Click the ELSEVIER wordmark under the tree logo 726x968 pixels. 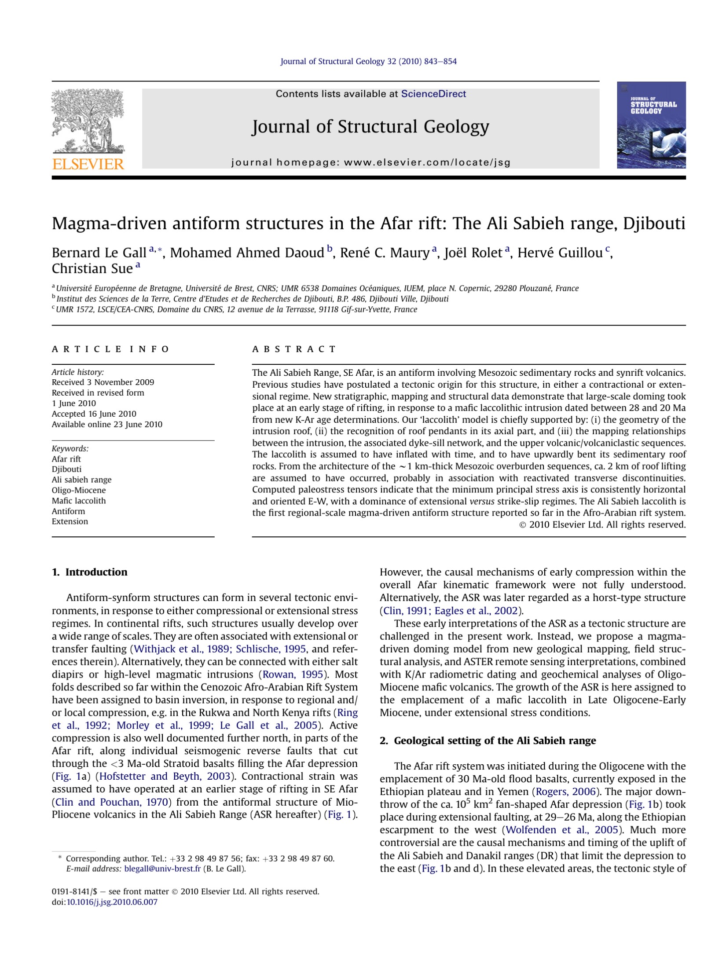pos(88,164)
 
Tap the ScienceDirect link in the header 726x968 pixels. pos(433,94)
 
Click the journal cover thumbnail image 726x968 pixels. pos(651,125)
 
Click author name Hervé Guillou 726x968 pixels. pos(559,253)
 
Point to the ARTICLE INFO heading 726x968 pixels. pos(110,349)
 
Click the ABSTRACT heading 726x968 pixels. pos(294,349)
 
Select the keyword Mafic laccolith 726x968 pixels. pos(79,501)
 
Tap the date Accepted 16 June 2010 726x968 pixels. pos(94,414)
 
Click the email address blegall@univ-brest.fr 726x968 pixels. pos(162,869)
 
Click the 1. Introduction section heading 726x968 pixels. pos(89,572)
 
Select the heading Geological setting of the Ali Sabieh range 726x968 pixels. pos(495,741)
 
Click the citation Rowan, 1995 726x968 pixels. pos(293,675)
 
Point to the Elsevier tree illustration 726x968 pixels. pos(88,121)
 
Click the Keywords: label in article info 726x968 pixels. pos(70,448)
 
